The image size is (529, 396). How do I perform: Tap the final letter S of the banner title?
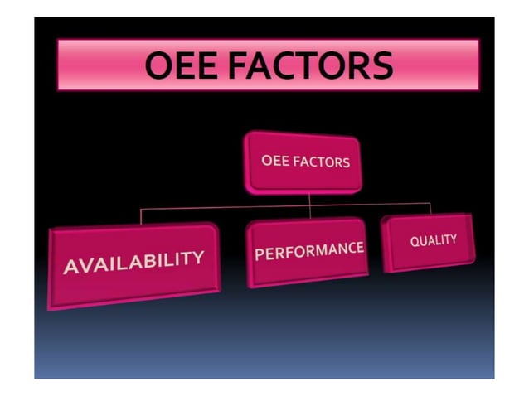point(381,65)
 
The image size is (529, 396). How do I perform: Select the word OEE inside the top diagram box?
point(274,160)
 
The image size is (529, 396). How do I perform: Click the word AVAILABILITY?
point(133,263)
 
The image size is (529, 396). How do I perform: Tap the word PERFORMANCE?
point(308,250)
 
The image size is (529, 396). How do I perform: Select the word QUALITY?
point(433,240)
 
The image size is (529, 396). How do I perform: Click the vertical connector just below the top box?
point(310,199)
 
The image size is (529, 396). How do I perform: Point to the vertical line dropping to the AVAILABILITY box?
point(140,217)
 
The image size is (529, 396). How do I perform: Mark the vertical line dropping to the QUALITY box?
point(430,207)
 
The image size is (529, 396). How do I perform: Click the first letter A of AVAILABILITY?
point(71,268)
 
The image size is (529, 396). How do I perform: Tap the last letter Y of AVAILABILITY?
point(197,257)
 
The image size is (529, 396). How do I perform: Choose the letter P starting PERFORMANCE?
point(259,254)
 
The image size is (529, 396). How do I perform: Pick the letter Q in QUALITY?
point(415,241)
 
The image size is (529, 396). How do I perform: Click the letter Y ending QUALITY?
point(453,239)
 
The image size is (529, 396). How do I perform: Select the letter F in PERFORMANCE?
point(287,252)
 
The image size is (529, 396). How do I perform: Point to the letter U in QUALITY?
point(423,241)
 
